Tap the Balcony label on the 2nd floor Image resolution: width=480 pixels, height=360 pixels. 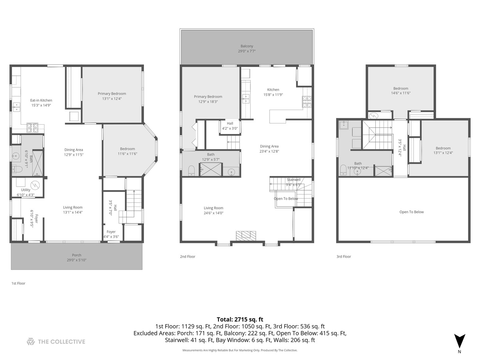click(x=247, y=46)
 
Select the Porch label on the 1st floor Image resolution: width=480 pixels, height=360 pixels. click(x=77, y=255)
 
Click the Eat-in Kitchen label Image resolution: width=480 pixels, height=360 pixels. click(x=41, y=100)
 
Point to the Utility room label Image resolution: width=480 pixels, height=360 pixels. click(x=26, y=190)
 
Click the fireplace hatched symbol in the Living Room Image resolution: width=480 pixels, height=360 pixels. click(x=246, y=236)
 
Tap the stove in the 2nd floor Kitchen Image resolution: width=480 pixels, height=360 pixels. click(x=307, y=102)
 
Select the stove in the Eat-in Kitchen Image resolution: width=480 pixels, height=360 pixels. click(x=32, y=128)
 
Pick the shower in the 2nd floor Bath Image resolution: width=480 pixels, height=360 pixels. click(x=211, y=169)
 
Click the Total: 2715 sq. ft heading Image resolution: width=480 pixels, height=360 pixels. click(x=240, y=319)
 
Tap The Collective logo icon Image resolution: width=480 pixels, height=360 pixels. click(x=31, y=342)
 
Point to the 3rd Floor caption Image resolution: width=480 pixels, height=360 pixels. click(x=344, y=257)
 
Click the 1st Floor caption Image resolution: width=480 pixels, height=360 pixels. click(x=18, y=283)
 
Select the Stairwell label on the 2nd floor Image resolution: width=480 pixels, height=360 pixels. click(x=293, y=180)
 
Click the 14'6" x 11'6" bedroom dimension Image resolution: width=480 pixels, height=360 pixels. click(x=401, y=93)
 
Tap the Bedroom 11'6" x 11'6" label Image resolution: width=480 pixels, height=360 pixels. click(x=127, y=151)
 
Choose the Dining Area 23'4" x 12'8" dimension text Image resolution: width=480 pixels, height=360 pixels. click(x=269, y=151)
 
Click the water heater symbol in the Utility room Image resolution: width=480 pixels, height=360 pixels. click(x=35, y=186)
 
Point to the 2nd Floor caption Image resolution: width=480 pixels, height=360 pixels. click(x=187, y=257)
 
